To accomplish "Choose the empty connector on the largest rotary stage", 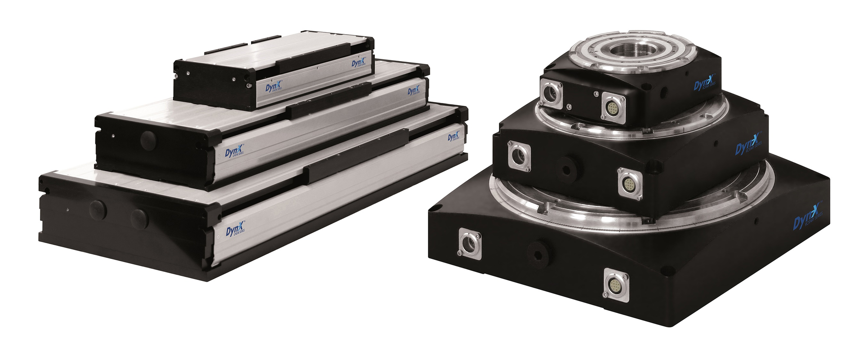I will pyautogui.click(x=470, y=244).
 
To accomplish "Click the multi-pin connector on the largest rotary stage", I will pyautogui.click(x=615, y=283).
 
